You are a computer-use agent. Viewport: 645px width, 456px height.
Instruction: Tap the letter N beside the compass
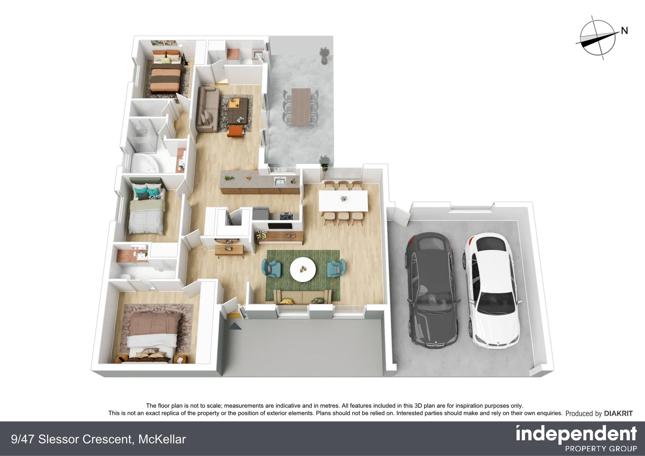(x=624, y=30)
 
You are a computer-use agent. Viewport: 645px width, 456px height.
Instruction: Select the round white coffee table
(x=303, y=269)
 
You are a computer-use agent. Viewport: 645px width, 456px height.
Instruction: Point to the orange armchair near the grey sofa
(x=236, y=131)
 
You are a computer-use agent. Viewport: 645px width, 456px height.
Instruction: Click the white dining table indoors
(x=343, y=201)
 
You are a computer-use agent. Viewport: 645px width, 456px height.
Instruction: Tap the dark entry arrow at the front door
(x=235, y=326)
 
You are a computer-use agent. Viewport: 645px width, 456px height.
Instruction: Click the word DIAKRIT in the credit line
(x=618, y=413)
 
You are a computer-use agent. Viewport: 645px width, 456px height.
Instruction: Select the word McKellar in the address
(x=162, y=439)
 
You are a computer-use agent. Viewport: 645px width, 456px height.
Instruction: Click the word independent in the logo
(x=576, y=434)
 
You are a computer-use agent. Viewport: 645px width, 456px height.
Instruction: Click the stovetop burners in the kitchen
(x=287, y=217)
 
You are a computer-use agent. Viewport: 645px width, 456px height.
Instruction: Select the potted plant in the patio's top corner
(x=324, y=55)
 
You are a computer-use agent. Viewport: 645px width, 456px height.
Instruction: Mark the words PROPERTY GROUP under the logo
(x=601, y=448)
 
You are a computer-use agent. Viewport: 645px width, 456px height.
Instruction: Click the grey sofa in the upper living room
(x=207, y=109)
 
